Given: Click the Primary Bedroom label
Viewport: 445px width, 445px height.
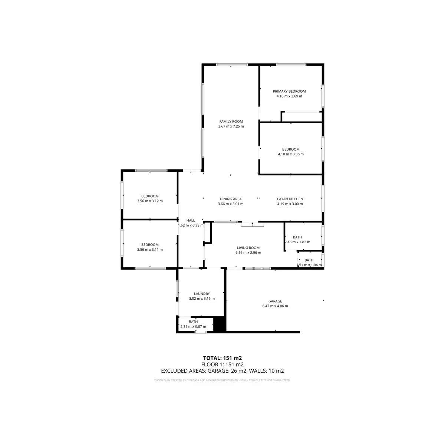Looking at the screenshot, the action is tap(289, 91).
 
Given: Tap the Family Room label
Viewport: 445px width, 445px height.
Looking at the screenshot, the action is tap(231, 121).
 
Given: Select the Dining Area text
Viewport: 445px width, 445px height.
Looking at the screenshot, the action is tap(231, 199).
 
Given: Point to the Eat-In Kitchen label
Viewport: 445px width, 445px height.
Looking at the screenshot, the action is tap(290, 199).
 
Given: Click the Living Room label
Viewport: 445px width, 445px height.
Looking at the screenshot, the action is tap(248, 248).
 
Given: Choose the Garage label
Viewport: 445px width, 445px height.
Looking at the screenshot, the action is tap(275, 301).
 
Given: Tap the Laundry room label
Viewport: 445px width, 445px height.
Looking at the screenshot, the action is tap(202, 294).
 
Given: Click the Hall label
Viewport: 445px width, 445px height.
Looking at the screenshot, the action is tap(191, 220).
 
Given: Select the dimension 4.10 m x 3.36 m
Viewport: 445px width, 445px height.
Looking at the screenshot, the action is tap(291, 154).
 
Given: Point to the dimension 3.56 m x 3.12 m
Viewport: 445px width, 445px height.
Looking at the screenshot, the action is tap(150, 201).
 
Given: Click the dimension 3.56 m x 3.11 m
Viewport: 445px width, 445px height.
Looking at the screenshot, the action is tap(150, 250).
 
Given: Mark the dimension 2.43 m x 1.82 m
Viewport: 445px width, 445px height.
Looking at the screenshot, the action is tap(297, 242).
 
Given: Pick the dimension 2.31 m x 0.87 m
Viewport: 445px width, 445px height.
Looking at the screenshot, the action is tap(193, 327).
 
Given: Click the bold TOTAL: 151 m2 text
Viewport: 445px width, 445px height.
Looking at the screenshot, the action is tap(222, 358).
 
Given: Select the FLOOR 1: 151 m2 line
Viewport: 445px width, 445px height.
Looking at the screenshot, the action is tap(222, 364).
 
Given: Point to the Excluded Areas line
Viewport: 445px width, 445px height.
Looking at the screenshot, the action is tap(222, 370).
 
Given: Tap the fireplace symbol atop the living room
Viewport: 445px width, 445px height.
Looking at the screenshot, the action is tap(253, 224).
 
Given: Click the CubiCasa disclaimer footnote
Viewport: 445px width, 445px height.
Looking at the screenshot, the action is tap(222, 380).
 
